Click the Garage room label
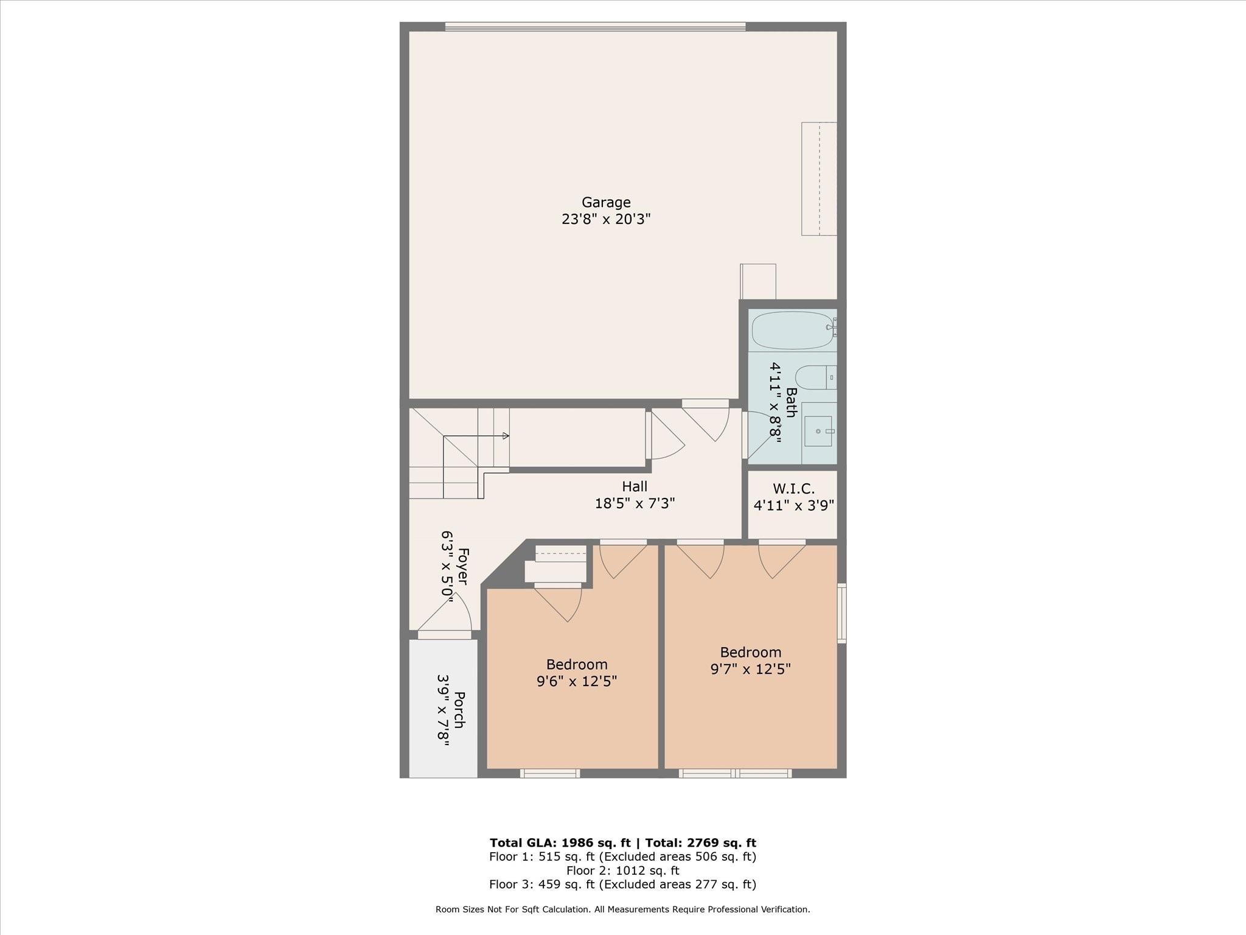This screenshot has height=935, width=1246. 606,202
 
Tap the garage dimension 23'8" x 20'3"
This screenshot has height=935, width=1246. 606,219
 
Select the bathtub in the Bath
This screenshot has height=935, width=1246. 792,331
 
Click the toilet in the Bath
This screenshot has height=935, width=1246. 813,377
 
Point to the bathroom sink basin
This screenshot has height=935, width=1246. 818,431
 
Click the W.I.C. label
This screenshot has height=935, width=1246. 793,488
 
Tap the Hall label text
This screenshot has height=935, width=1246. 635,486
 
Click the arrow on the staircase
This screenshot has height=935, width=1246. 505,436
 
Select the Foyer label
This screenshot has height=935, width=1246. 462,567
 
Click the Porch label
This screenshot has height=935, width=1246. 459,710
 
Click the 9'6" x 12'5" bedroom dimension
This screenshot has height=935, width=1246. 577,681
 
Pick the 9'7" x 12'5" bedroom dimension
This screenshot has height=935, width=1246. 750,669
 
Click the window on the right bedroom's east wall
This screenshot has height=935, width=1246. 841,613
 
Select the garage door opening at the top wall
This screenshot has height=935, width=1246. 595,27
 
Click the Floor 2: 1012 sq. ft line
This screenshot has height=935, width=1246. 622,870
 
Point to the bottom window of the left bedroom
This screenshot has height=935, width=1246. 549,774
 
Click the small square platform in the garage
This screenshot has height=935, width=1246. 758,281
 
